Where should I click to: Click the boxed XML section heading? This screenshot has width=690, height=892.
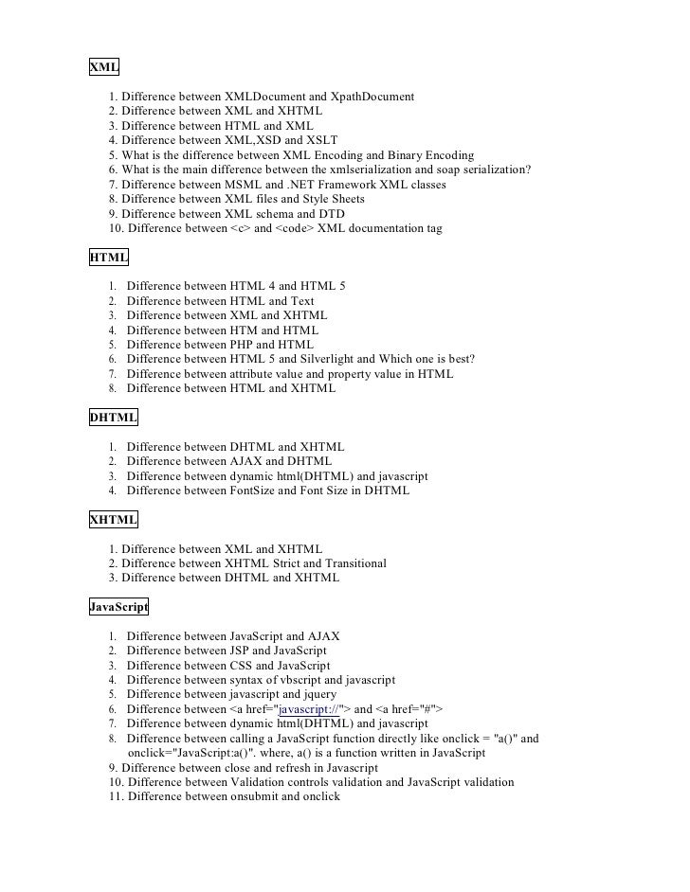coord(104,67)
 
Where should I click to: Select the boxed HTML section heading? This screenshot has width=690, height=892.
coord(109,257)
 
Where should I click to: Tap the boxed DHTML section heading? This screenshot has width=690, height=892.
coord(114,417)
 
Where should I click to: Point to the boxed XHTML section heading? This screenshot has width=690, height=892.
coord(114,520)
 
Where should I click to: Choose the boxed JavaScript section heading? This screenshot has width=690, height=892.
coord(118,606)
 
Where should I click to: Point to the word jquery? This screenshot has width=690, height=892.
coord(317,694)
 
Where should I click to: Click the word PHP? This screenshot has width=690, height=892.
coord(243,345)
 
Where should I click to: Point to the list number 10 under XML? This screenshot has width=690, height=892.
coord(116,228)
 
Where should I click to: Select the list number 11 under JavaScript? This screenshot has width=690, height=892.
coord(116,797)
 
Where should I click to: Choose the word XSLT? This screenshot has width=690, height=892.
coord(320,140)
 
